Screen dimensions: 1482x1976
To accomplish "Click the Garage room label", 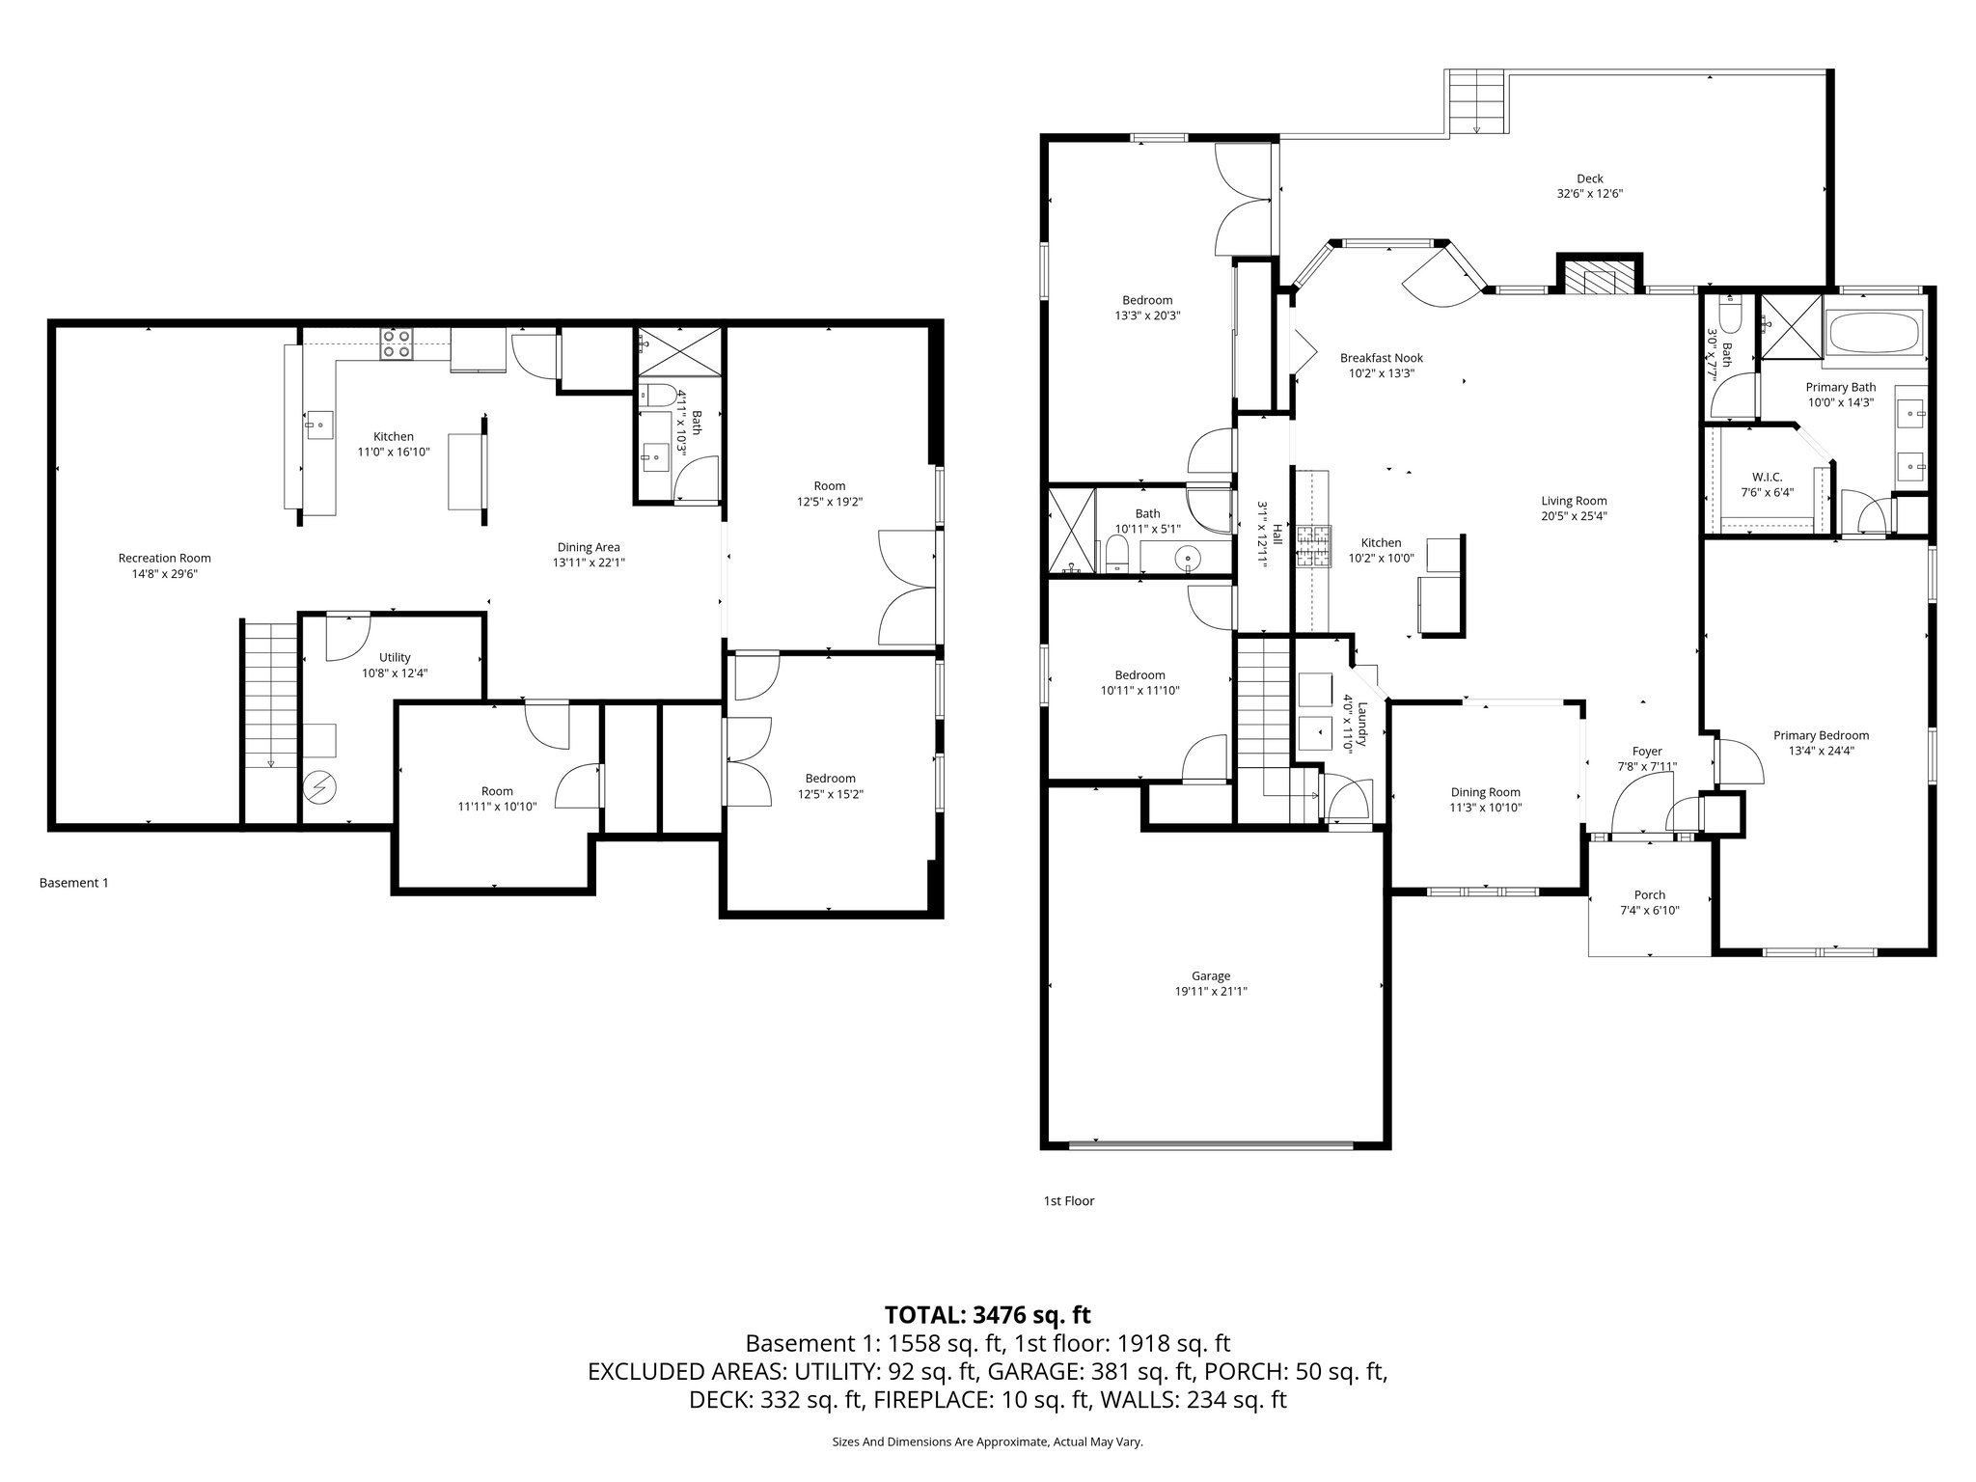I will click(x=1211, y=975).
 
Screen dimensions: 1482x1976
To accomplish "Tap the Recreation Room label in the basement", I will click(x=164, y=558).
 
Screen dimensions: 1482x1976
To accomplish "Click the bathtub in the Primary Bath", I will click(x=1874, y=336).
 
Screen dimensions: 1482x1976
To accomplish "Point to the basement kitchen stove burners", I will click(x=397, y=343).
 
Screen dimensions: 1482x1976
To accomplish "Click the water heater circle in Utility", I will click(x=319, y=788).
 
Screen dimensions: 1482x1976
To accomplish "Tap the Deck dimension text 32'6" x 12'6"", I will click(x=1589, y=194).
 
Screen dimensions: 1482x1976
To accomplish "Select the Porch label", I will click(x=1649, y=894).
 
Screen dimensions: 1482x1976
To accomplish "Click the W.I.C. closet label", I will click(x=1767, y=477).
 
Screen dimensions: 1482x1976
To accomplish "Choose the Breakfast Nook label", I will click(x=1381, y=358).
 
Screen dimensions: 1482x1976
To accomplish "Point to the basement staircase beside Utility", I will click(x=269, y=695).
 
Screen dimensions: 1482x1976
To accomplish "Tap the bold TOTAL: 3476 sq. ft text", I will click(x=987, y=1314).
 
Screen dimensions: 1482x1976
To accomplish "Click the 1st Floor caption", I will click(x=1068, y=1201).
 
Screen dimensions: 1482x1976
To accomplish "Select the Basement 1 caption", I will click(x=73, y=883).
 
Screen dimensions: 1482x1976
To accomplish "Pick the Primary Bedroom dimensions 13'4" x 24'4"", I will click(x=1821, y=751).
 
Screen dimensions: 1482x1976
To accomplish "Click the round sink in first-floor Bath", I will click(x=1186, y=557).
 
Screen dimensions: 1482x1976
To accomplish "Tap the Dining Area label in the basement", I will click(x=588, y=547).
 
